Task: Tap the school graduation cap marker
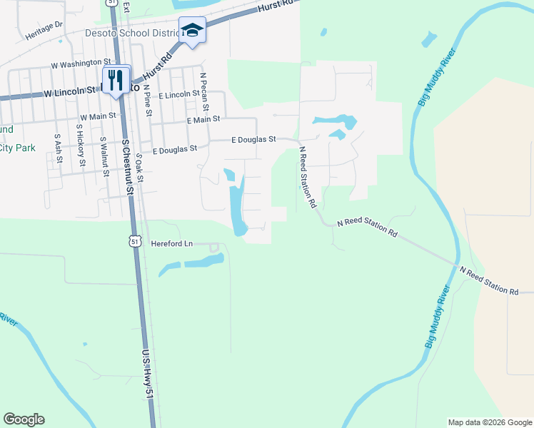pyautogui.click(x=191, y=30)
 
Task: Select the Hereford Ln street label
pyautogui.click(x=172, y=243)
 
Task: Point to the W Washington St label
pyautogui.click(x=81, y=63)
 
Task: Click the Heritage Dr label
pyautogui.click(x=44, y=24)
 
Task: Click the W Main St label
pyautogui.click(x=97, y=116)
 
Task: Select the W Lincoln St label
pyautogui.click(x=69, y=92)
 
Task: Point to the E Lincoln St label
pyautogui.click(x=180, y=94)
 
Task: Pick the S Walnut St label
pyautogui.click(x=104, y=153)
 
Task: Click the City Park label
pyautogui.click(x=16, y=148)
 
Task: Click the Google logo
pyautogui.click(x=24, y=419)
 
